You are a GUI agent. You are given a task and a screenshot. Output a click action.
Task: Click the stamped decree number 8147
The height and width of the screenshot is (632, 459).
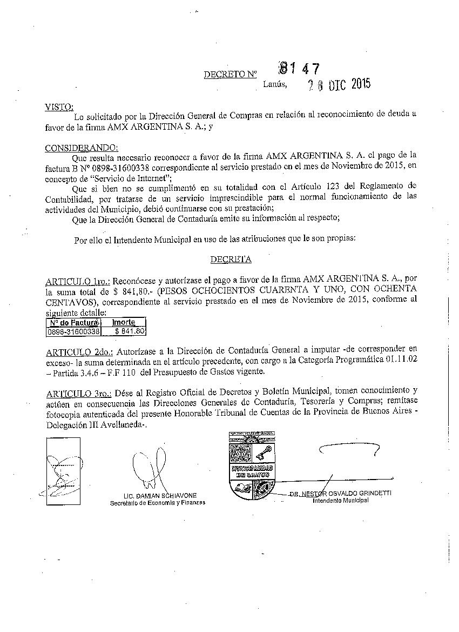pos(299,69)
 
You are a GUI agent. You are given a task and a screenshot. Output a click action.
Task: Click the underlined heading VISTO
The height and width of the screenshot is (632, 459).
pos(59,107)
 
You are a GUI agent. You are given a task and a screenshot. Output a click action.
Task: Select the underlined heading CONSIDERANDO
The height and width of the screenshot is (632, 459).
pos(81,148)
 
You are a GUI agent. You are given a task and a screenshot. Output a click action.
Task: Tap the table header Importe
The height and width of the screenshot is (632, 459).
pos(123,322)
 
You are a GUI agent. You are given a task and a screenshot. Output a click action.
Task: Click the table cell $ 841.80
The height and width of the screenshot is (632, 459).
pos(130,331)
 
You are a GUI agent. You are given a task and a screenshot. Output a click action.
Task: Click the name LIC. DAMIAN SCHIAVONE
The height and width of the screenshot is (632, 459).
pos(160,496)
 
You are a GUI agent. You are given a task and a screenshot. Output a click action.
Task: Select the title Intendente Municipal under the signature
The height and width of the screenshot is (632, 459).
pos(340,501)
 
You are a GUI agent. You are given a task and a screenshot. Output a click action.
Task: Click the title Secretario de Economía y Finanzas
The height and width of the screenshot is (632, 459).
pos(158,503)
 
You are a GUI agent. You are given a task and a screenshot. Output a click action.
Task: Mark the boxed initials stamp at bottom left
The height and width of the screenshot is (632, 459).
pos(63,471)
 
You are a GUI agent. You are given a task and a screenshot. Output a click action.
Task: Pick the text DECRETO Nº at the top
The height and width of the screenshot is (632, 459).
pos(230,75)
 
